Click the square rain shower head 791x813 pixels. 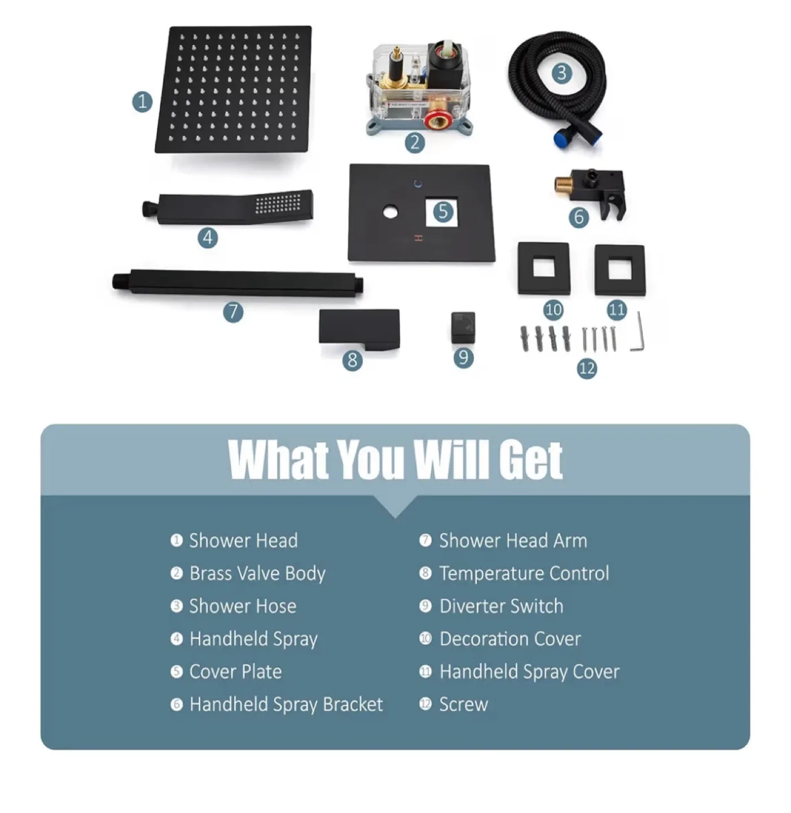click(234, 89)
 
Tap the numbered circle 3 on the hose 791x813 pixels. click(561, 73)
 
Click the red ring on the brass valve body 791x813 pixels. click(436, 121)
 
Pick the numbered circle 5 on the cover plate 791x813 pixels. click(443, 211)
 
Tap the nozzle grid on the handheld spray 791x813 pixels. click(278, 203)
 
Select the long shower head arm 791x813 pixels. click(238, 283)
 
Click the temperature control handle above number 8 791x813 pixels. click(359, 329)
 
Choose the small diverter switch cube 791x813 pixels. click(463, 327)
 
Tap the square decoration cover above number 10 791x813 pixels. click(543, 268)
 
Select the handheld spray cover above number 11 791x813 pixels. click(620, 270)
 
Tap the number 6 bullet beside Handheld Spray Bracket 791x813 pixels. click(177, 705)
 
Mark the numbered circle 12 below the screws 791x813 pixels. click(587, 368)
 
